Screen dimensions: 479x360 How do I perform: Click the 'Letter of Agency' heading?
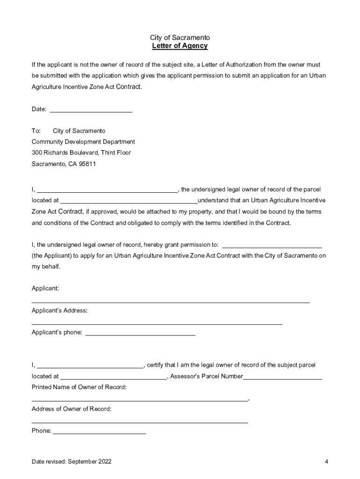tap(180, 46)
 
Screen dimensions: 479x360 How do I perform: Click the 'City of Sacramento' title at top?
tap(180, 37)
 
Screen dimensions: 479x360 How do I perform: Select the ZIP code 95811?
tap(87, 164)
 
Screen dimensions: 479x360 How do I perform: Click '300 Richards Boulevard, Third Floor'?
tap(81, 153)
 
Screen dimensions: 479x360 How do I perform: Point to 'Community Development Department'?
tap(83, 142)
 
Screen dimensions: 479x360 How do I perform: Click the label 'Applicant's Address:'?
tap(59, 311)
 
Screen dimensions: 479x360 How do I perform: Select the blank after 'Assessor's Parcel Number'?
tap(282, 377)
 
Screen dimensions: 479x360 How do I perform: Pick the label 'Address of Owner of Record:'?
tap(72, 409)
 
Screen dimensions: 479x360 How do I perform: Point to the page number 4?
tap(326, 462)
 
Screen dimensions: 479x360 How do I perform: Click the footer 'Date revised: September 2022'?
tap(72, 462)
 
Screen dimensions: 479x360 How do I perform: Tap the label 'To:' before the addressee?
tap(36, 131)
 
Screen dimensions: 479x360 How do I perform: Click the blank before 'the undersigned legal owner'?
tap(107, 190)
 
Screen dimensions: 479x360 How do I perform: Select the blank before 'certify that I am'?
tap(90, 365)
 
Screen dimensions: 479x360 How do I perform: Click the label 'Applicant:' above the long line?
tap(45, 289)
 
